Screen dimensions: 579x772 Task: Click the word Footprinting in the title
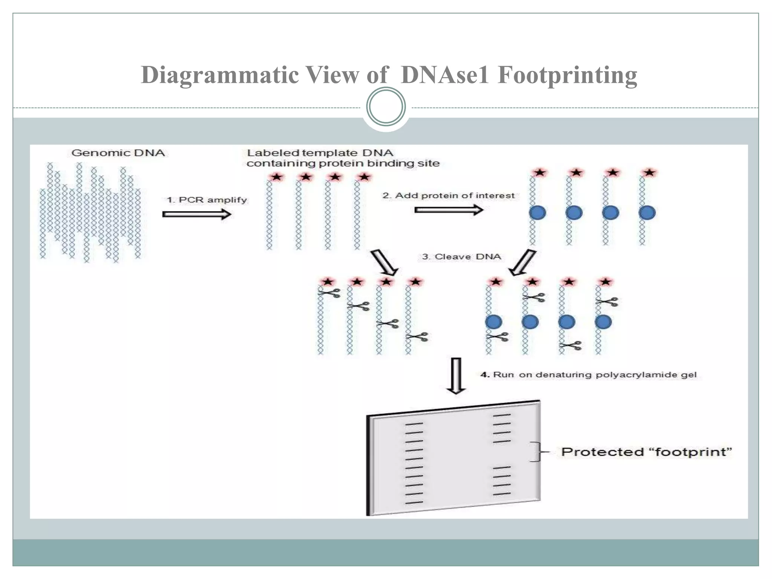[x=567, y=75]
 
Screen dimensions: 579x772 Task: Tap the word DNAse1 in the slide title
[x=445, y=75]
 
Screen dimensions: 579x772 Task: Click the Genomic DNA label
[x=118, y=153]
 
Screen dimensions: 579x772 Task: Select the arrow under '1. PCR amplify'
[x=196, y=214]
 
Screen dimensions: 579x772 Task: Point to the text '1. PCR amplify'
[x=207, y=200]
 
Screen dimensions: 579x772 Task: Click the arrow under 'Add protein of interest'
[x=449, y=210]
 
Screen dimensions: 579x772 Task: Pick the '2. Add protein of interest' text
[x=448, y=196]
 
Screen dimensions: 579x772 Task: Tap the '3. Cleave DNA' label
[x=461, y=257]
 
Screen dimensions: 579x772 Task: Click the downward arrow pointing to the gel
[x=456, y=376]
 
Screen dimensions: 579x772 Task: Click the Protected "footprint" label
[x=646, y=452]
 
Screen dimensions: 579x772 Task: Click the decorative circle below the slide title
[x=386, y=107]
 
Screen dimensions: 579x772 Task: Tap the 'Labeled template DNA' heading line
[x=320, y=153]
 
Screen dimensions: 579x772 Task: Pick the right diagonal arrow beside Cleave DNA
[x=522, y=263]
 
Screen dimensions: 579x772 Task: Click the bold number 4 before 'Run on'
[x=485, y=375]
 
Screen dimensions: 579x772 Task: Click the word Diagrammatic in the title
[x=220, y=75]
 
